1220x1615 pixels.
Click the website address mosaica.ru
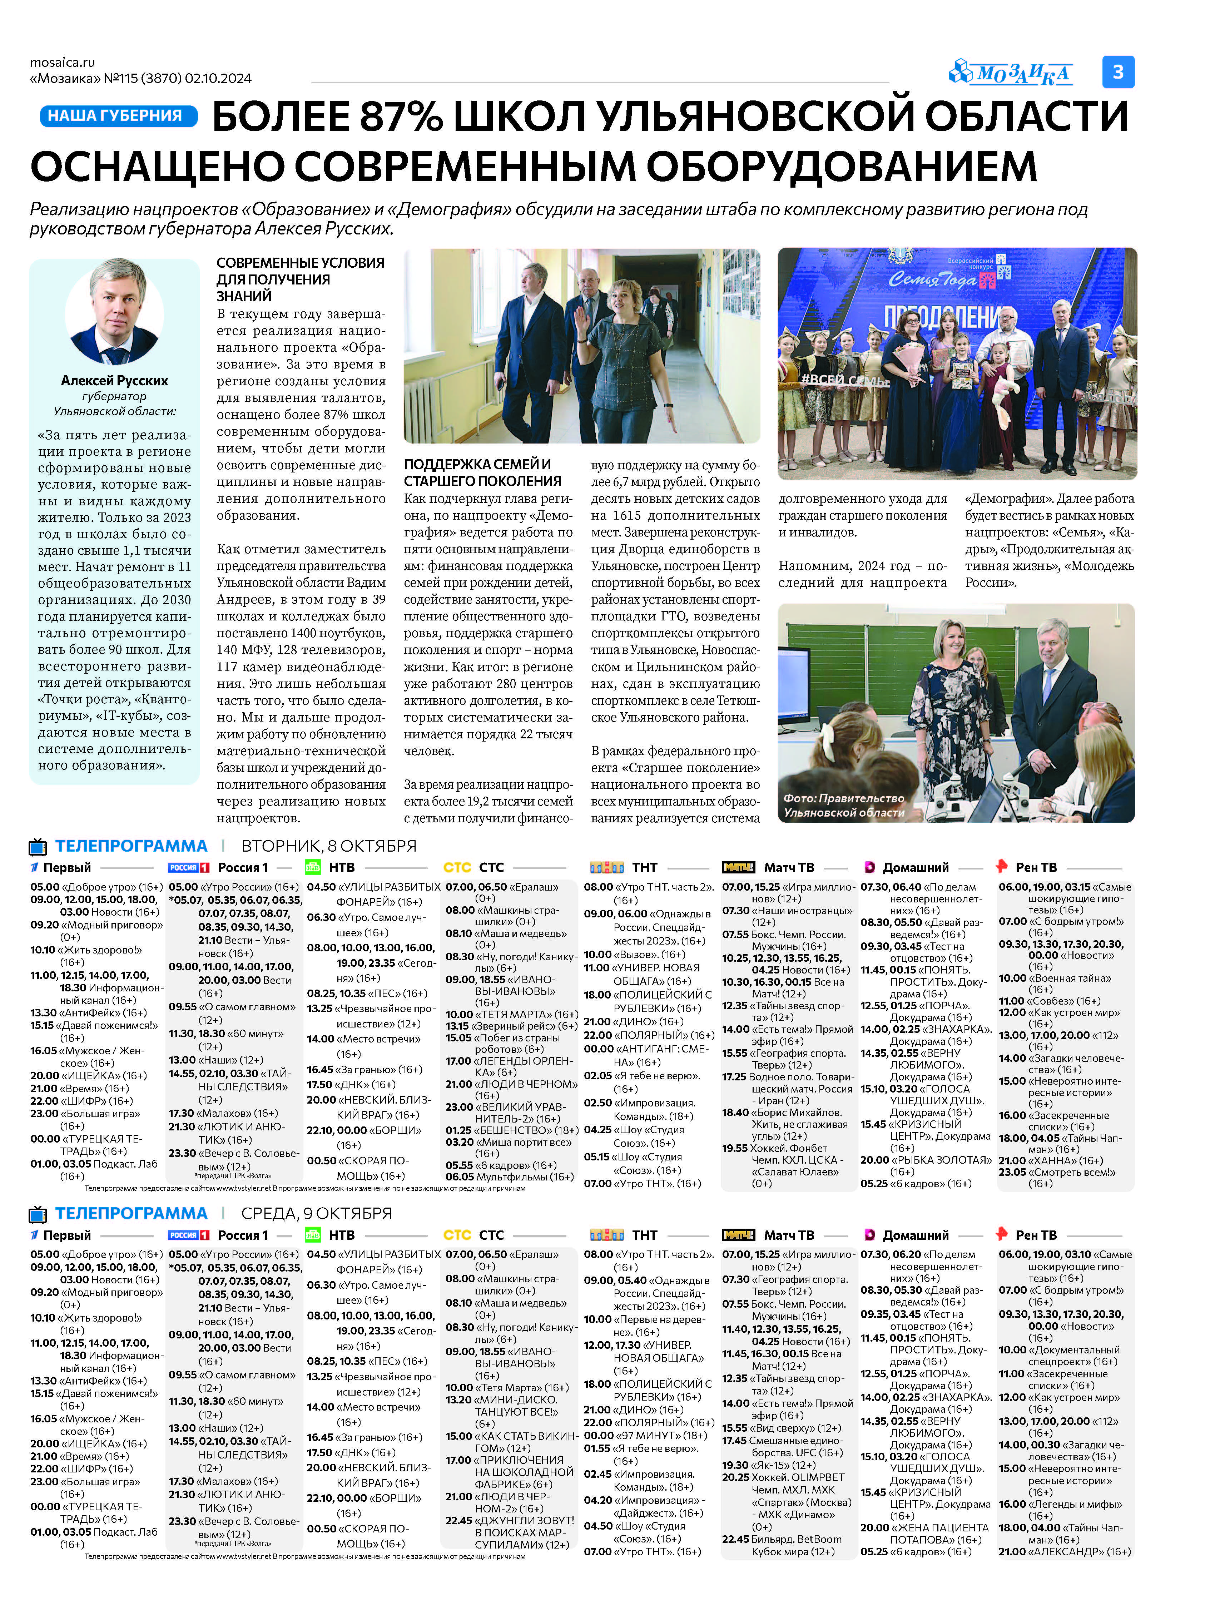click(x=63, y=62)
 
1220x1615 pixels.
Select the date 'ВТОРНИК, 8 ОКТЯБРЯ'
click(x=328, y=846)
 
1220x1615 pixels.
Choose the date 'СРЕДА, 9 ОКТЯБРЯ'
click(x=316, y=1213)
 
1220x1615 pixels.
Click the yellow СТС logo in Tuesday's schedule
click(x=457, y=867)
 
